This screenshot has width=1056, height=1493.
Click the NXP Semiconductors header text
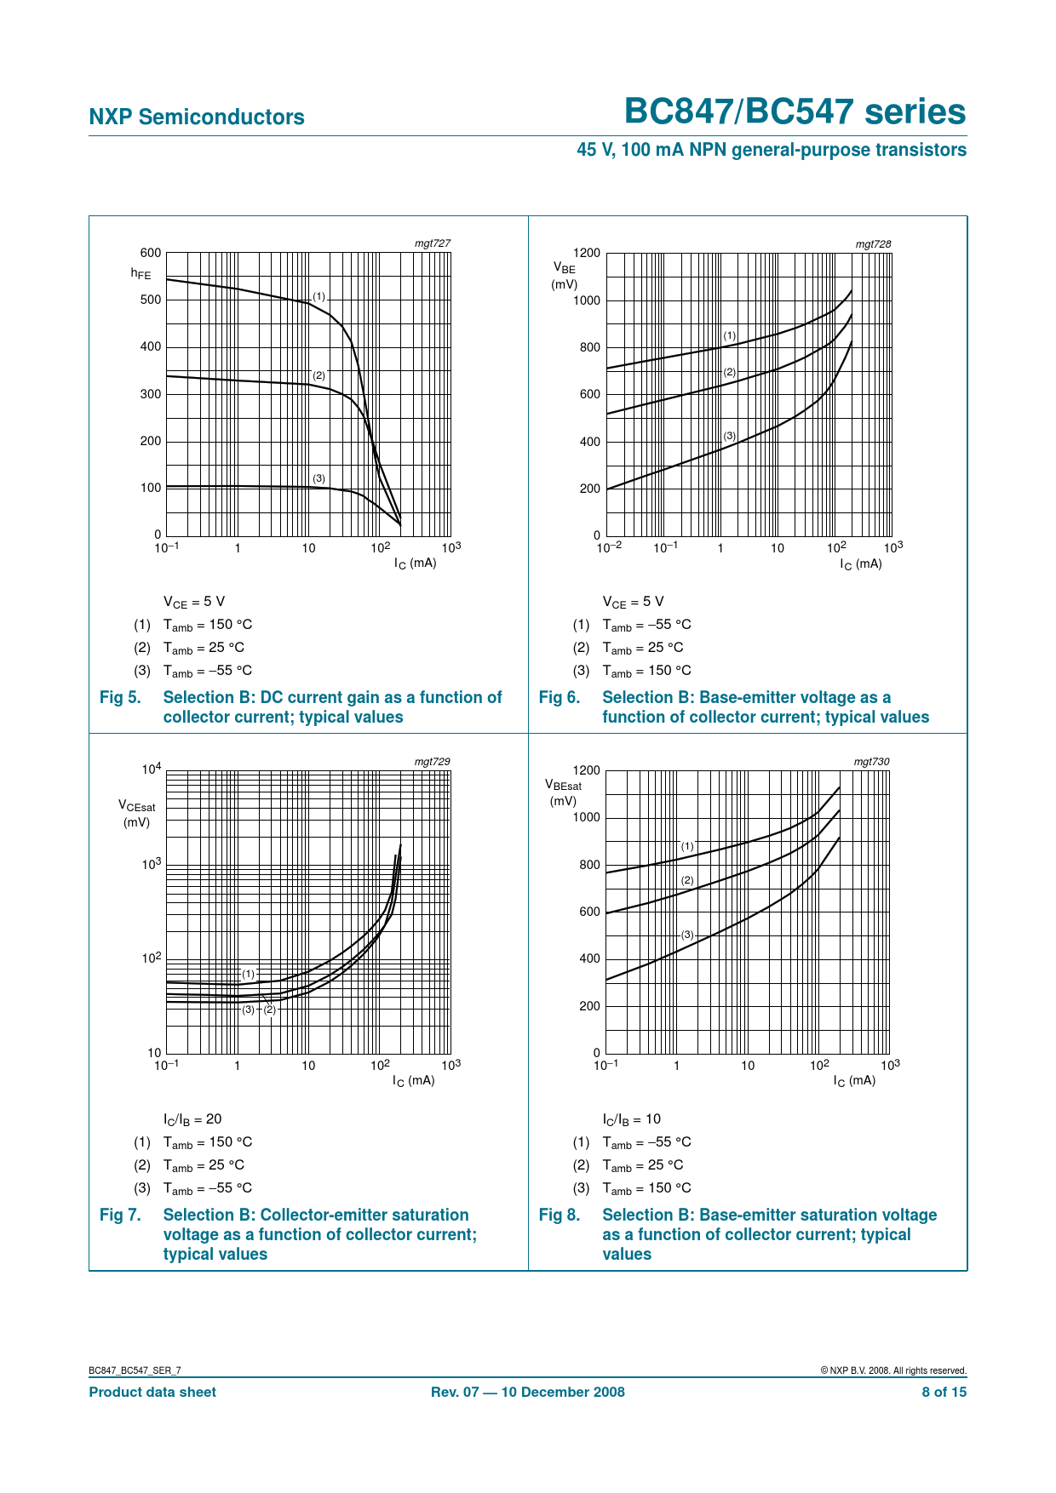point(197,117)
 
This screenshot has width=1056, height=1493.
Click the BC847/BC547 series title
point(795,112)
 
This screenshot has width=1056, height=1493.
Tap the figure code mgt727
point(432,243)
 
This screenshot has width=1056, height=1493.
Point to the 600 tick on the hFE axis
point(151,253)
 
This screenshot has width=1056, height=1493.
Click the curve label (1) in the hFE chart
point(319,296)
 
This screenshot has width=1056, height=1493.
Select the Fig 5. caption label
point(120,698)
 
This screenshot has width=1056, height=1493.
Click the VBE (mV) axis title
point(564,276)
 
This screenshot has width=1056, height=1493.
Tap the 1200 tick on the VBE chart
point(587,253)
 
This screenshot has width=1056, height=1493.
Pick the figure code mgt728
point(873,243)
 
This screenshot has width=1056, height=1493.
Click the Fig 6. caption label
point(560,698)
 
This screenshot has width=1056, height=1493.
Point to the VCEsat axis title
point(136,814)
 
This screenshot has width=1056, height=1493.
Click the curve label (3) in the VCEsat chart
point(248,1010)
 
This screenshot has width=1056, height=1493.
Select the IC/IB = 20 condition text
point(192,1119)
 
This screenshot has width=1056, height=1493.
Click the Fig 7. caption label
point(120,1216)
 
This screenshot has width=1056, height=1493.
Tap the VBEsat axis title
point(563,792)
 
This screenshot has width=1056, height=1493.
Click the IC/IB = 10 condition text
point(631,1119)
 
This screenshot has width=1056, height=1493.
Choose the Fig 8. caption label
point(560,1216)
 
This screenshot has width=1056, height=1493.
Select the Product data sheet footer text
point(152,1392)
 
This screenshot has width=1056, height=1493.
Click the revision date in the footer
point(527,1392)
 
